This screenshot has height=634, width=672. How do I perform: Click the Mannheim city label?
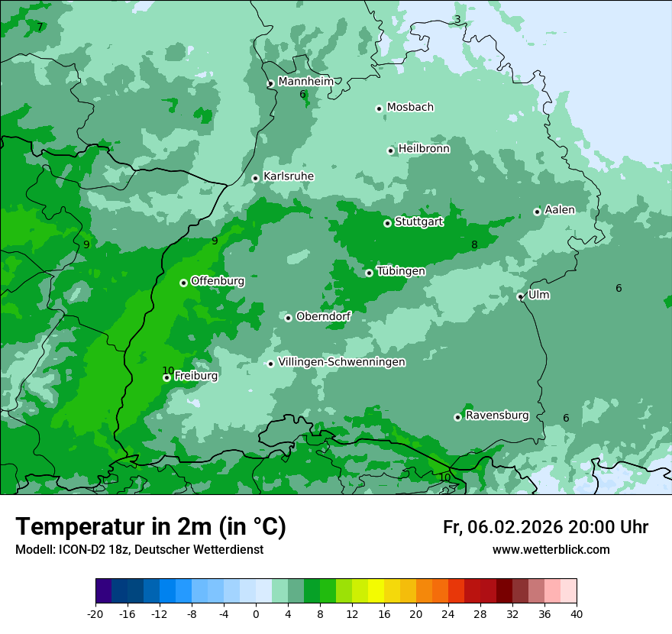click(x=305, y=82)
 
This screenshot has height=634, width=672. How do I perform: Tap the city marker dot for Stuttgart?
click(x=387, y=223)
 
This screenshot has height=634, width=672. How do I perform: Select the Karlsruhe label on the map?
click(x=288, y=176)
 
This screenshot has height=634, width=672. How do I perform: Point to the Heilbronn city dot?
click(x=390, y=150)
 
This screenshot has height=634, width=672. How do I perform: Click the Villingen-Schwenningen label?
click(x=341, y=362)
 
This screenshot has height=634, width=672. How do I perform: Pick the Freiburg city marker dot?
click(x=166, y=377)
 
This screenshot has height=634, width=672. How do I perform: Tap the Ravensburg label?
click(x=497, y=416)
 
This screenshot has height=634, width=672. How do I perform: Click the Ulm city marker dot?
click(x=520, y=296)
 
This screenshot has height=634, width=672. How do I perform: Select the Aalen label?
click(x=559, y=210)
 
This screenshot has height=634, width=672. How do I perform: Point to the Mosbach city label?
click(x=410, y=108)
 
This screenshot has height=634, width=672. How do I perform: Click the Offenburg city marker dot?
click(x=183, y=283)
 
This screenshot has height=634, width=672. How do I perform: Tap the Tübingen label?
click(x=401, y=271)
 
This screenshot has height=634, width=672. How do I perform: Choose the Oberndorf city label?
click(x=323, y=316)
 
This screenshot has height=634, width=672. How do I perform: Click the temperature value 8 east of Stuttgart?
click(x=474, y=245)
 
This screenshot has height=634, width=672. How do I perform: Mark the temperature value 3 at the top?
click(x=457, y=19)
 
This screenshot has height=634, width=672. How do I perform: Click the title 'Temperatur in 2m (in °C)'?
click(x=151, y=526)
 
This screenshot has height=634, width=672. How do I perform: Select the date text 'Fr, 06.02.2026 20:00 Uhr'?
click(x=545, y=527)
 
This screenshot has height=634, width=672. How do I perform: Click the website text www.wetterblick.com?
click(x=551, y=549)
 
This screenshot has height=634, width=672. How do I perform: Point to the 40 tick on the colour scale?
click(x=576, y=613)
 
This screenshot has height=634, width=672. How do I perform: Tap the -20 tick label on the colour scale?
click(x=95, y=613)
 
